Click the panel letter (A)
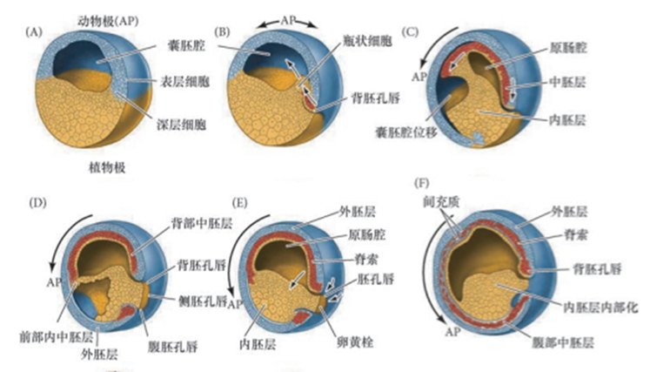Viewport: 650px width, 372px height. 36,32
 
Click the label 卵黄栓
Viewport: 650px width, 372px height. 341,342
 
